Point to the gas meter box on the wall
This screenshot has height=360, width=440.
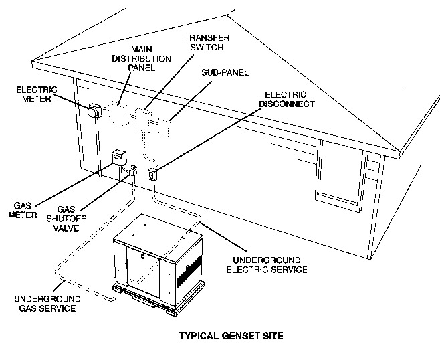coord(118,158)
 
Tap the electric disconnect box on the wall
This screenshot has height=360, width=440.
coord(152,174)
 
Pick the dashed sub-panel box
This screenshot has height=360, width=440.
coord(161,126)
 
